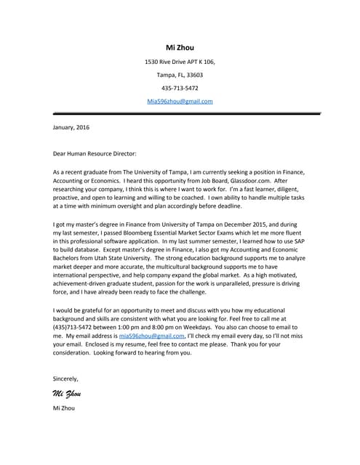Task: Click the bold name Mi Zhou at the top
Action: [180, 48]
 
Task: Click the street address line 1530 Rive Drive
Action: [180, 62]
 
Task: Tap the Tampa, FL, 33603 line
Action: [180, 75]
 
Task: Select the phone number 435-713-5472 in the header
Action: [180, 88]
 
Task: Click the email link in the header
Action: [180, 101]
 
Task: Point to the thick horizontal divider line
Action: [186, 113]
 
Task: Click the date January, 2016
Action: [71, 127]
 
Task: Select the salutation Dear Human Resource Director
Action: [95, 153]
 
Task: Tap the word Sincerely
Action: [65, 378]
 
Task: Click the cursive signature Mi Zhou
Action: [66, 394]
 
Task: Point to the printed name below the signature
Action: [64, 408]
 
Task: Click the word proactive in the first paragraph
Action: [70, 198]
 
